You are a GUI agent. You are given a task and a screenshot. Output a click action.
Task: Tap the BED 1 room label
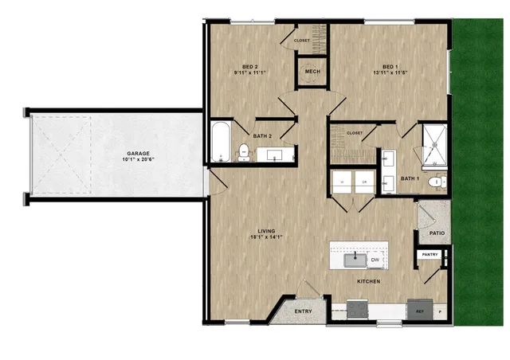coord(390,66)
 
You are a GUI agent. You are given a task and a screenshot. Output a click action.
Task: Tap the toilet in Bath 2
coord(244,149)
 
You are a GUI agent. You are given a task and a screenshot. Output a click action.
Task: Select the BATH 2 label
coord(264,135)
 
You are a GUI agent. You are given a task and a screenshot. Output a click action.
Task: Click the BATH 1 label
coord(410,178)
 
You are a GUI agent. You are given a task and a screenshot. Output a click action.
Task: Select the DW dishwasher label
coord(375,259)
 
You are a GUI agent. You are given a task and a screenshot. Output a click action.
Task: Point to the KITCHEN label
coord(368,281)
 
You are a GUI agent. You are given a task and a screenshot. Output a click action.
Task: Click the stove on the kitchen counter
coord(358,308)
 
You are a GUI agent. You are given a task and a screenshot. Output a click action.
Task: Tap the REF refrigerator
coord(420,311)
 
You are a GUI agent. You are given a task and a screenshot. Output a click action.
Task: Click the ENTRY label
coord(304,311)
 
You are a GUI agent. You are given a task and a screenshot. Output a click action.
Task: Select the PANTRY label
coord(430,254)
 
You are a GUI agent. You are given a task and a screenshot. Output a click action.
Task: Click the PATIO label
coord(436,234)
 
